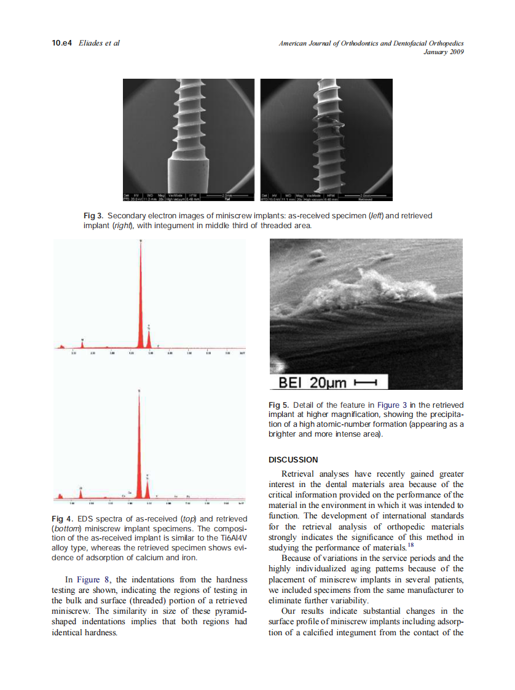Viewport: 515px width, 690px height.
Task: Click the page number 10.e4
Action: point(61,43)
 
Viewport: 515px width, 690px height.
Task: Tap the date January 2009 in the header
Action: point(443,52)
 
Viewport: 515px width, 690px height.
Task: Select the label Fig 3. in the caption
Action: point(94,216)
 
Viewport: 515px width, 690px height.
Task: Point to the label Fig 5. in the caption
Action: point(280,405)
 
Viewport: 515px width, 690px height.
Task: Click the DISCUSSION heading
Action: point(293,460)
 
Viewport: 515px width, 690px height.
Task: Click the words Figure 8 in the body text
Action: point(95,579)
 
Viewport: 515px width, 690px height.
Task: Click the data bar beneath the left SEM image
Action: point(188,197)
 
